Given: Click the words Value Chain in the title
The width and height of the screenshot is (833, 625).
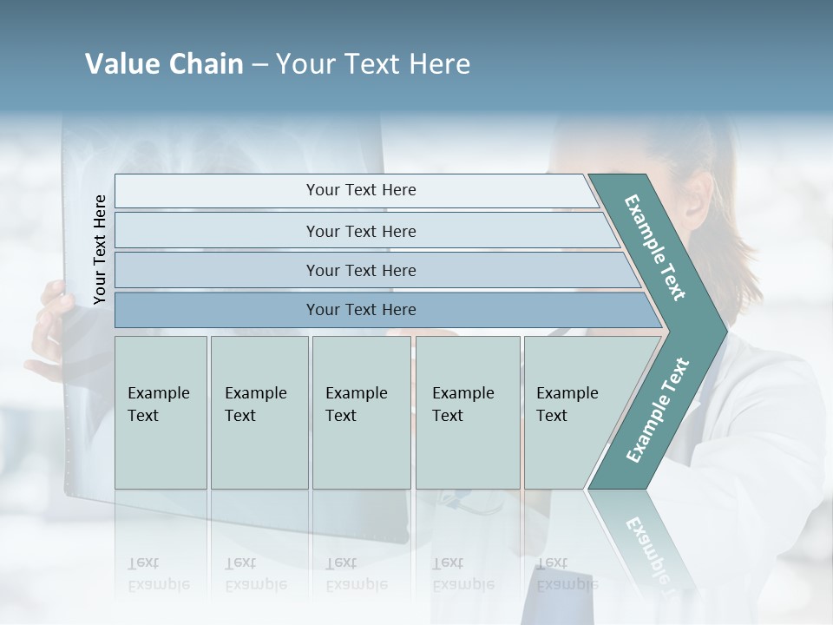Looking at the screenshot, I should [x=164, y=64].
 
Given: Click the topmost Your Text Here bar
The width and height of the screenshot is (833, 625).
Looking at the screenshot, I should [x=360, y=190].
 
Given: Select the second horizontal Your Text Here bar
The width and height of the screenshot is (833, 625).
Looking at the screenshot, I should [x=360, y=231].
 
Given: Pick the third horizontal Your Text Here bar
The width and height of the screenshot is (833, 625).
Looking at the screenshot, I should [x=360, y=270].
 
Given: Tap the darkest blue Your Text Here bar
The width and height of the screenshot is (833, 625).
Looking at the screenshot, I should [x=360, y=310].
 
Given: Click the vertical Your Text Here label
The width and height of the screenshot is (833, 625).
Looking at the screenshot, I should [x=100, y=249].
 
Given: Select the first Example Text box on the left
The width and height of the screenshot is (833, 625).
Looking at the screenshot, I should [x=161, y=411].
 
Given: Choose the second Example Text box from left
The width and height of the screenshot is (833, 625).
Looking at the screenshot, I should [x=259, y=411].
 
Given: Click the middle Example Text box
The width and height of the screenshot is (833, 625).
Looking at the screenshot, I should [x=360, y=411].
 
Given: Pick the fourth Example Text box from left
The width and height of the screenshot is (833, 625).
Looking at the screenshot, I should [x=467, y=411].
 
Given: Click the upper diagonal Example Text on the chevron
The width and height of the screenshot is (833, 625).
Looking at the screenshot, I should [x=656, y=247].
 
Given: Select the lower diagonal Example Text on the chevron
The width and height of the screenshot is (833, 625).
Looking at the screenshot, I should [x=657, y=411].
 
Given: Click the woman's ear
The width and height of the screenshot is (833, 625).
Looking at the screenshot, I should [x=694, y=198].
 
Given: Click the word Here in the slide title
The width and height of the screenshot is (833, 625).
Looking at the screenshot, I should [x=438, y=64].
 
